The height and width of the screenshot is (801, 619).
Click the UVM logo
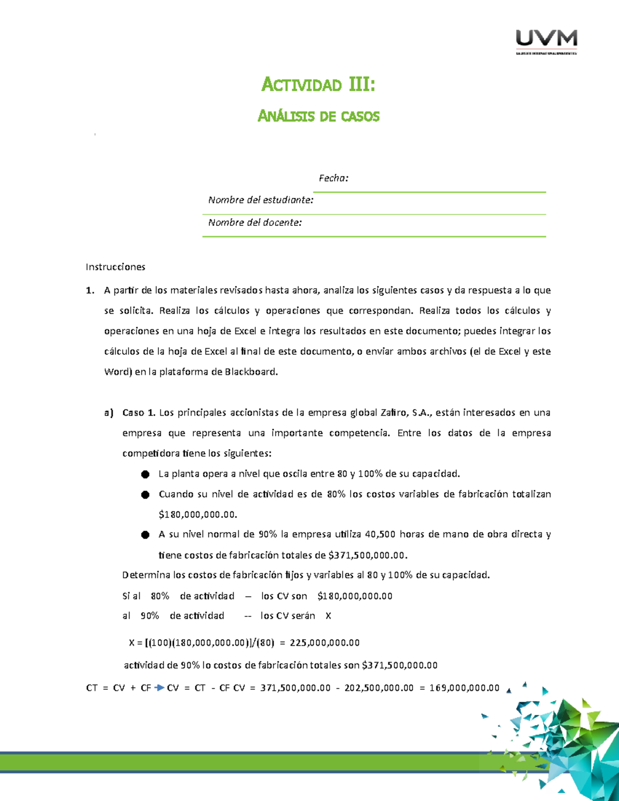tap(546, 41)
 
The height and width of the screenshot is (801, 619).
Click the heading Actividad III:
tap(318, 84)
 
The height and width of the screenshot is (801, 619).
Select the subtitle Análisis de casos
tap(318, 116)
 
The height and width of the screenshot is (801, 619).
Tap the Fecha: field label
tap(333, 178)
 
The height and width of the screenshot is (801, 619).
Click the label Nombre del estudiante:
tap(260, 200)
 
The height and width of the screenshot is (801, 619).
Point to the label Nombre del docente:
tap(255, 223)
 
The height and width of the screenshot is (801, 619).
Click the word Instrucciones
tap(116, 267)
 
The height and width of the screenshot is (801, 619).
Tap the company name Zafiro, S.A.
tap(406, 413)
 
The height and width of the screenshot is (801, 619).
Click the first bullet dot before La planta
tap(145, 474)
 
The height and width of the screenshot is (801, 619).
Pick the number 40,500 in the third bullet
tap(380, 534)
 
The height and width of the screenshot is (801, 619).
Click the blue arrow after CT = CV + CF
tap(159, 688)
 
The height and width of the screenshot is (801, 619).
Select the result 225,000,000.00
tap(324, 643)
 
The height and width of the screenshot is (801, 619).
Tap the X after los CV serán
tap(328, 616)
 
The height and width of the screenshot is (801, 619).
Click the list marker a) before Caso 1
tap(108, 413)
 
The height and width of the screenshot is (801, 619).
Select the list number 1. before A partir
tap(90, 290)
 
